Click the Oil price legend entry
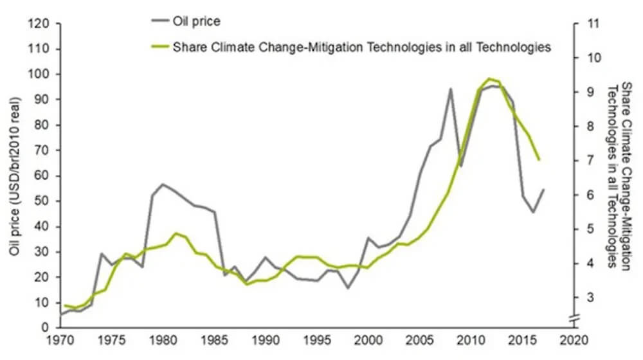click(x=197, y=21)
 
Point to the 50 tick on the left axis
click(x=42, y=201)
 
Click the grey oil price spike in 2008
click(x=451, y=89)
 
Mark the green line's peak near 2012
click(x=489, y=78)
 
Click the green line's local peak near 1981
click(x=176, y=233)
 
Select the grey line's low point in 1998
click(x=349, y=287)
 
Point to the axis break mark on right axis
click(x=576, y=316)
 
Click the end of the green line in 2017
click(x=539, y=159)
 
